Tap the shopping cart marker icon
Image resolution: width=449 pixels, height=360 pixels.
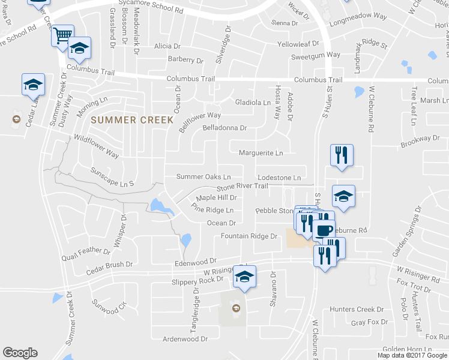[62, 35]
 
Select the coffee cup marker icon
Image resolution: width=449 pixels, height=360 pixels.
[324, 230]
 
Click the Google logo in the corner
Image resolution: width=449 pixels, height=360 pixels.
[20, 353]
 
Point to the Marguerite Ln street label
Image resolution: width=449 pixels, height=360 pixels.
[261, 153]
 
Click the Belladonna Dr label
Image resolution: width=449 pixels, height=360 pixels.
[224, 128]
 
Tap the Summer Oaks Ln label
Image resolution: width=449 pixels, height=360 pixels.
[203, 177]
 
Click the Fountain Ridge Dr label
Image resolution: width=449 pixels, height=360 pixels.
[249, 236]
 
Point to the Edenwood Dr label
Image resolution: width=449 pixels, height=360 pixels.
[195, 262]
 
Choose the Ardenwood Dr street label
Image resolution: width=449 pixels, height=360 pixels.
[185, 339]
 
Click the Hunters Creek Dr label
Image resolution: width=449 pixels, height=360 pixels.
[356, 310]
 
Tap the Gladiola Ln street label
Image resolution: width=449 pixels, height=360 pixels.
[252, 103]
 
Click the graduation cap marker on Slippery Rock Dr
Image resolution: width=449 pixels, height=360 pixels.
[244, 277]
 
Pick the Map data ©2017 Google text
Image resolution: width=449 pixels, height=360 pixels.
[412, 355]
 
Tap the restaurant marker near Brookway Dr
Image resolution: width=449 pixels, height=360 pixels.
[342, 155]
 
